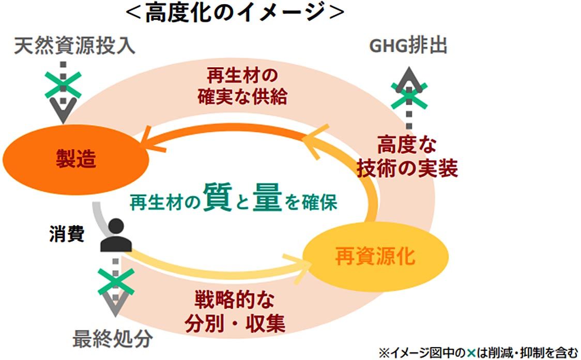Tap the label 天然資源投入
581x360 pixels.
click(75, 46)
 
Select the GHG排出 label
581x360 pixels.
click(408, 46)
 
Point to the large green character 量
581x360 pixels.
click(267, 199)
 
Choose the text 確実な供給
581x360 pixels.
click(247, 97)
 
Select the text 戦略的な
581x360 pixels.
click(235, 299)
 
